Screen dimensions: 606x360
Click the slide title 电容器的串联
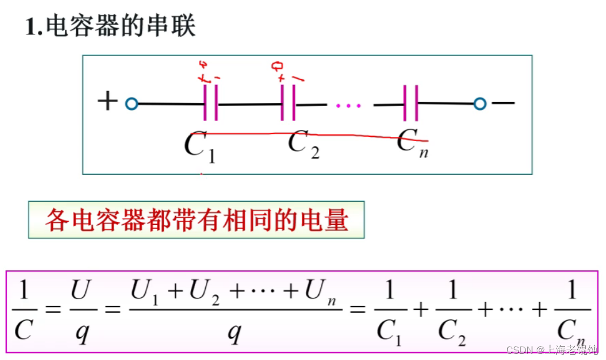pyautogui.click(x=111, y=26)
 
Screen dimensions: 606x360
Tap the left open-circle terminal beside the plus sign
pyautogui.click(x=132, y=104)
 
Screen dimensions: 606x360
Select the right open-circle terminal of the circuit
pyautogui.click(x=480, y=104)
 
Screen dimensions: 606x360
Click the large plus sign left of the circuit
pyautogui.click(x=108, y=101)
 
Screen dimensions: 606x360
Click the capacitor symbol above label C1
pyautogui.click(x=211, y=104)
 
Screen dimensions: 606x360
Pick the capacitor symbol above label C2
pyautogui.click(x=288, y=104)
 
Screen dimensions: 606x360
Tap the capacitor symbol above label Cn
pyautogui.click(x=410, y=104)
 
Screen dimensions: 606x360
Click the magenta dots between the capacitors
pyautogui.click(x=349, y=105)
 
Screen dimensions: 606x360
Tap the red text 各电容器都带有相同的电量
pyautogui.click(x=197, y=220)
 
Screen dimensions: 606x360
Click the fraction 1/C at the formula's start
pyautogui.click(x=23, y=310)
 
